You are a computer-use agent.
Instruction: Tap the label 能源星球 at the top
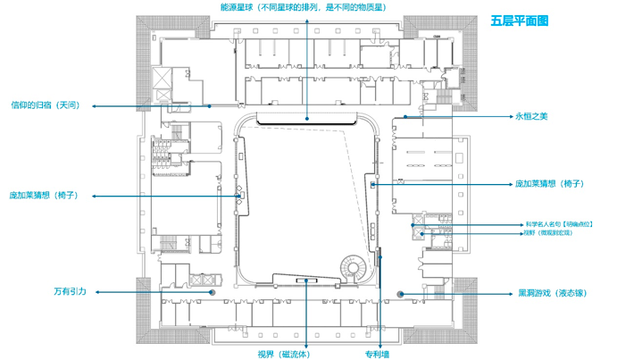(308, 6)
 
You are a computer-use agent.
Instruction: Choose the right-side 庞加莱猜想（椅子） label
(549, 184)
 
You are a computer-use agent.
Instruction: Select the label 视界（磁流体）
(284, 354)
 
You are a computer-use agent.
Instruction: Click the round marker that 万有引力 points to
(213, 292)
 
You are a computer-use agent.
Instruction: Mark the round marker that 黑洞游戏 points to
(401, 293)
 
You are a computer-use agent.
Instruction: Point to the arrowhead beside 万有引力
(98, 292)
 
